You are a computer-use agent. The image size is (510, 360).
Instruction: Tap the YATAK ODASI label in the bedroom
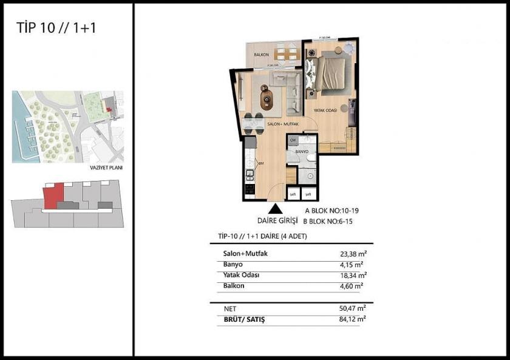click(x=325, y=110)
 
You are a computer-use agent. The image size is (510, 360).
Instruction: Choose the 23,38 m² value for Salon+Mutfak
click(x=352, y=255)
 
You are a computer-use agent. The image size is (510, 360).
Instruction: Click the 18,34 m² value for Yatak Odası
click(x=352, y=276)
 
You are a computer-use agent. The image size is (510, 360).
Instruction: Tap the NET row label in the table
click(x=230, y=307)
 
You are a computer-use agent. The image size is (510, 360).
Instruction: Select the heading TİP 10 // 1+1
click(x=48, y=28)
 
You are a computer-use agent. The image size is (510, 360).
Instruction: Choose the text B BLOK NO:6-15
click(x=328, y=222)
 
